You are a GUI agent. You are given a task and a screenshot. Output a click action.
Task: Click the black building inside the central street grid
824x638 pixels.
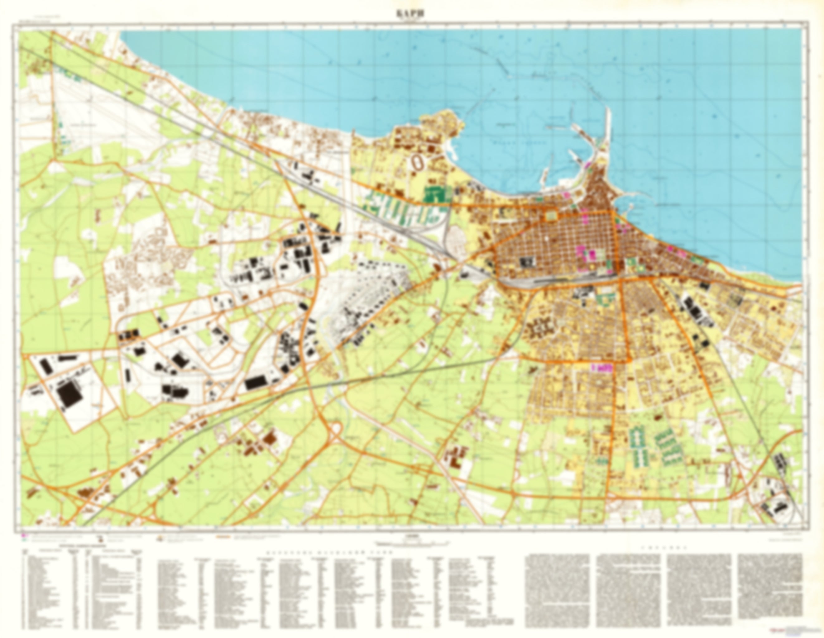527,261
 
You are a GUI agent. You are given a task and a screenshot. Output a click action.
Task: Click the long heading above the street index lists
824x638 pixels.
329,552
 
